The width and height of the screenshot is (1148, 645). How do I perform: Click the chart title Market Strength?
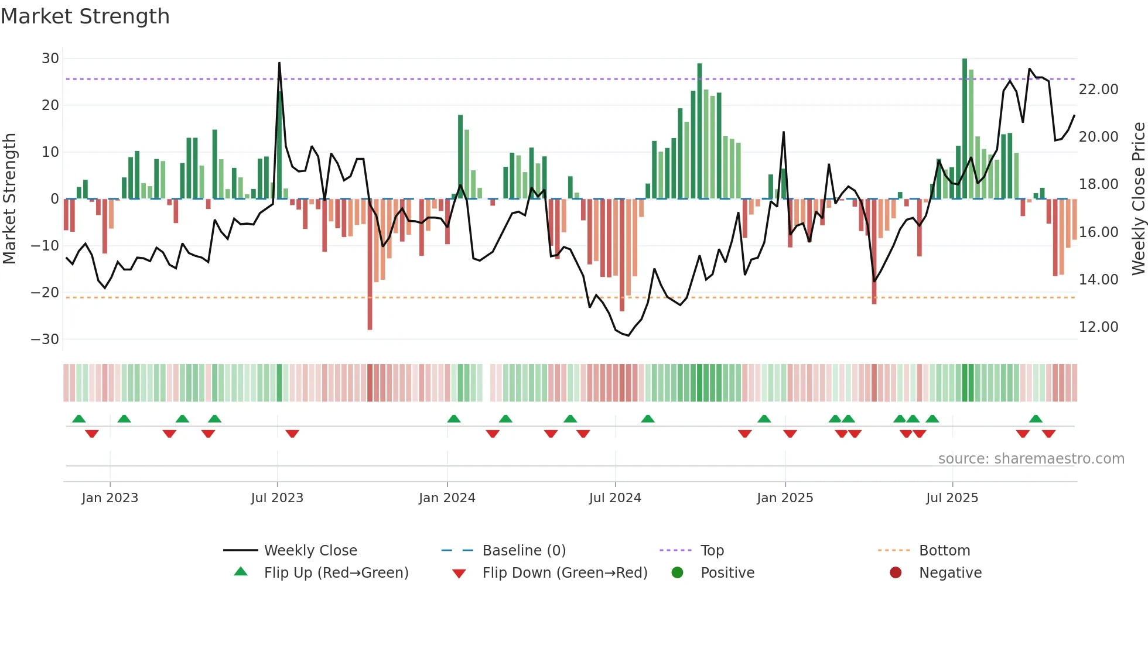[85, 16]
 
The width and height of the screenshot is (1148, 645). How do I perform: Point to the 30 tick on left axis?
[50, 59]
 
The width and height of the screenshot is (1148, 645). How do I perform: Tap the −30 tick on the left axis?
[45, 339]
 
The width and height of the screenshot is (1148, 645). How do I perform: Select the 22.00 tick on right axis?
[1098, 90]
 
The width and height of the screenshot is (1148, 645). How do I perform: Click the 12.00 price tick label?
[1098, 327]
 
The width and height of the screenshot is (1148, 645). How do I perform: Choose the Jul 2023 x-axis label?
[277, 498]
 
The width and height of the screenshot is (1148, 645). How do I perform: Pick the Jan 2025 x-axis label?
[785, 498]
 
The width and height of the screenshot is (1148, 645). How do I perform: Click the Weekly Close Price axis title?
[1138, 199]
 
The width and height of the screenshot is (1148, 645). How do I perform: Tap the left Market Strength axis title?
[9, 199]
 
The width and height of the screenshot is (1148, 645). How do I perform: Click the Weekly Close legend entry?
[310, 551]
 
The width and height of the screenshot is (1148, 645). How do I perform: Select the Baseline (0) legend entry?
[524, 551]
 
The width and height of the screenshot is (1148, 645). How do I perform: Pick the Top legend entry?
[712, 551]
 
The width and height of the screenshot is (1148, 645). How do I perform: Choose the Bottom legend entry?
[944, 551]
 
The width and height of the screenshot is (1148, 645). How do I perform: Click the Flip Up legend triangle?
[241, 572]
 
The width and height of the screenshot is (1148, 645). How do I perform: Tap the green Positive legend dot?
[677, 572]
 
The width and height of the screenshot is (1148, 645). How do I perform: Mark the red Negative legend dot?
[896, 572]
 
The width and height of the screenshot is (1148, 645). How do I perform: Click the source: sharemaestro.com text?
[1031, 459]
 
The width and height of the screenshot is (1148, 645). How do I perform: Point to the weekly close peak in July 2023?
[279, 63]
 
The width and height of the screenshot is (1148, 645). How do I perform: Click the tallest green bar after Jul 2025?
[965, 129]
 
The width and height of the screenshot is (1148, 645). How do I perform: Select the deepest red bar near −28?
[370, 263]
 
